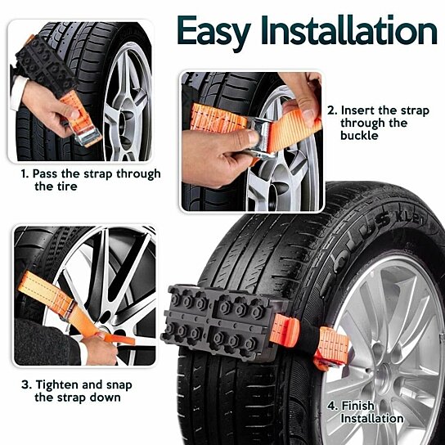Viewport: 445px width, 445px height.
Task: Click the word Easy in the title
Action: pyautogui.click(x=214, y=31)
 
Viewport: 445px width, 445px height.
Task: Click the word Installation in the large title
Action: pyautogui.click(x=348, y=30)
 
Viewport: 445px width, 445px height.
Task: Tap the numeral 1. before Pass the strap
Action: pyautogui.click(x=25, y=173)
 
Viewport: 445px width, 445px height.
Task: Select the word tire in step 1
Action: pyautogui.click(x=66, y=187)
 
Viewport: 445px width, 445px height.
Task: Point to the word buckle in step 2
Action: pyautogui.click(x=359, y=135)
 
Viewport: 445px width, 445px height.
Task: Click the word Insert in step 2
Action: pyautogui.click(x=357, y=110)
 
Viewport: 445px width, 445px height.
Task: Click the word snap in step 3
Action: pyautogui.click(x=119, y=386)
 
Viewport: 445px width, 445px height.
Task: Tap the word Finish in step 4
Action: pyautogui.click(x=357, y=406)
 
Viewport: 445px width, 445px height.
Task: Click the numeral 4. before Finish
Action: pyautogui.click(x=333, y=406)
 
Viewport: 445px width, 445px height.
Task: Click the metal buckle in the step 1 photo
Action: pyautogui.click(x=87, y=137)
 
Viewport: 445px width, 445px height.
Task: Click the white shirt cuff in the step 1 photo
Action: pyautogui.click(x=18, y=92)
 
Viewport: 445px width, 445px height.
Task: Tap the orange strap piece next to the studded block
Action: pyautogui.click(x=286, y=330)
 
